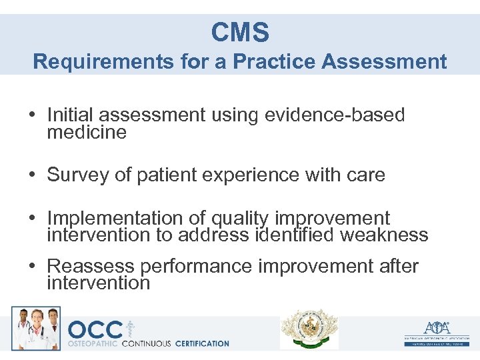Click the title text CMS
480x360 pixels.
[x=240, y=32]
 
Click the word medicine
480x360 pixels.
[x=87, y=132]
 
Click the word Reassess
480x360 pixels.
[x=91, y=267]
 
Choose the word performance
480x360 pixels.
[x=196, y=267]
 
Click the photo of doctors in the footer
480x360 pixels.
[x=35, y=328]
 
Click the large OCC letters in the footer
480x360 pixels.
[x=95, y=329]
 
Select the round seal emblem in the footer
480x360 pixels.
[x=309, y=329]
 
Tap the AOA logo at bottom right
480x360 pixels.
[x=437, y=328]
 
